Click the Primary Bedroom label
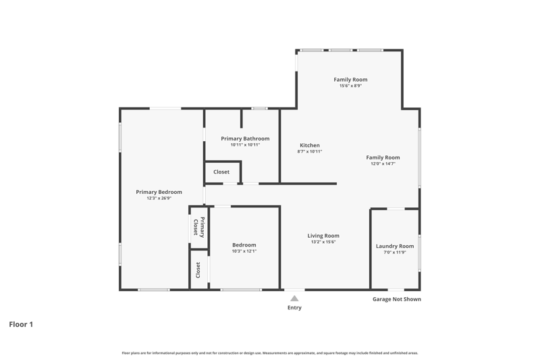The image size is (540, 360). click(x=159, y=192)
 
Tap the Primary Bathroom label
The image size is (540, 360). click(x=245, y=138)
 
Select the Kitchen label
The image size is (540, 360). click(x=310, y=145)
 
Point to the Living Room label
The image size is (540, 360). click(x=323, y=236)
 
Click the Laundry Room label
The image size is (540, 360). click(x=395, y=246)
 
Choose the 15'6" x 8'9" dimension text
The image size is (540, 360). click(x=350, y=86)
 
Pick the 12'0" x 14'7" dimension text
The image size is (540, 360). click(x=383, y=163)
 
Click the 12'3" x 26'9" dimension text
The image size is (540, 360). click(x=159, y=198)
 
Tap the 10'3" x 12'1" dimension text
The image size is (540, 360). click(x=244, y=251)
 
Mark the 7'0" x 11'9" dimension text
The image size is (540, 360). click(x=395, y=252)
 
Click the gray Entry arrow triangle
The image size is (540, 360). click(x=294, y=299)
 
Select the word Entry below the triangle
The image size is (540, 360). click(x=294, y=307)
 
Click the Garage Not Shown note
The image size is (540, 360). click(x=397, y=299)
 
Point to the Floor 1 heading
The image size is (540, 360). click(x=21, y=324)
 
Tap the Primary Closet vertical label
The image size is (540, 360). click(x=198, y=228)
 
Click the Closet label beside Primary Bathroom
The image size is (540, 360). click(x=221, y=172)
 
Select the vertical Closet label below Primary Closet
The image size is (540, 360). click(x=198, y=270)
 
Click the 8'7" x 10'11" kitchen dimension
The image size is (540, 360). click(x=310, y=151)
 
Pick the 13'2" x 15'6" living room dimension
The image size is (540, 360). click(x=323, y=242)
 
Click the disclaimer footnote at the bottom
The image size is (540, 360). click(x=270, y=353)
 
